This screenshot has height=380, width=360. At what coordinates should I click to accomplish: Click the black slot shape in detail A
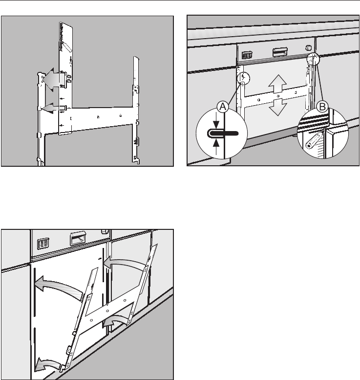tap(224, 133)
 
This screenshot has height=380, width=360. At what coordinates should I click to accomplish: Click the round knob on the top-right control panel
tap(308, 48)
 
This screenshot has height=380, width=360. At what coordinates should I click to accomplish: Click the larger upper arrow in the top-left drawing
tap(53, 79)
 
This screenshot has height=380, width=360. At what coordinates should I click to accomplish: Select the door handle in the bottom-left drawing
tap(78, 239)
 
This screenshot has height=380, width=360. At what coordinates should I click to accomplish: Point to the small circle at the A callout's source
tap(243, 78)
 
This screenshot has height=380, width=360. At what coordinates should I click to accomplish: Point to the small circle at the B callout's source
tap(313, 60)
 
